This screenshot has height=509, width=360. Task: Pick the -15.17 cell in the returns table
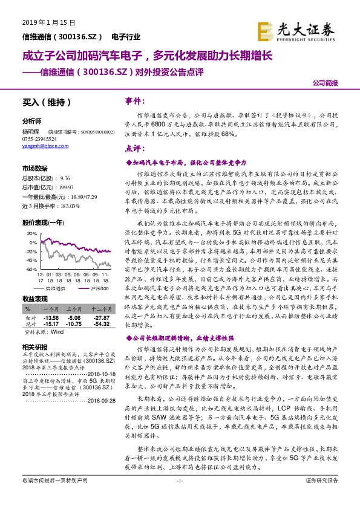[x=51, y=323]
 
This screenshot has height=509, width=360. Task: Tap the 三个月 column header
[x=74, y=308]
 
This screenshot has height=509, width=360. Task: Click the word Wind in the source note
[x=57, y=332]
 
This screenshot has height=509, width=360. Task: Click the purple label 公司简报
[x=325, y=83]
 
